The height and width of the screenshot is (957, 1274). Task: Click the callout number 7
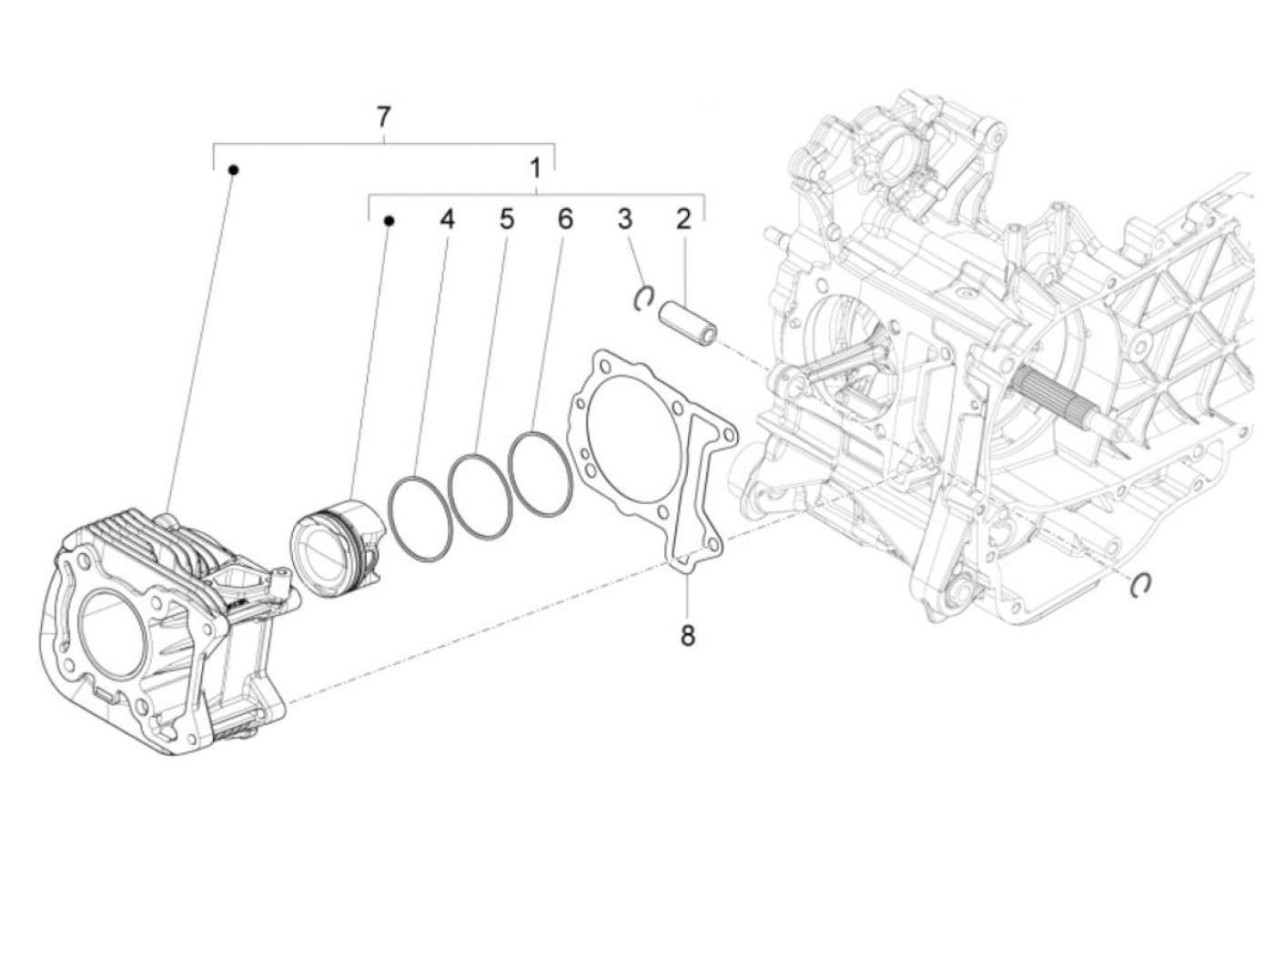383,116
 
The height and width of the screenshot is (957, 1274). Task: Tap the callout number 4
446,219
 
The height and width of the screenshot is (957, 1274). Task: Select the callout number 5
506,219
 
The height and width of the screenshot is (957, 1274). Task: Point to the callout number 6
565,219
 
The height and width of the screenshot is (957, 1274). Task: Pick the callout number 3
624,219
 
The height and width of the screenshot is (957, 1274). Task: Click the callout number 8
687,635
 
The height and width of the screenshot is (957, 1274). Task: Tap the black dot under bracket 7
233,169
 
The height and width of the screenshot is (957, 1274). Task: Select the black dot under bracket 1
389,221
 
